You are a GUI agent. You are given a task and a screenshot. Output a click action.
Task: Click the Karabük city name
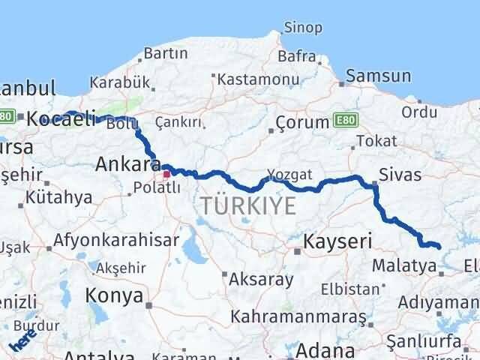point(114,82)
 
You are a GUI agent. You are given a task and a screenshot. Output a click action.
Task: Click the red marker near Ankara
point(166,174)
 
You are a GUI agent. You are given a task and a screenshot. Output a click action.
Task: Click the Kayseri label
point(337,241)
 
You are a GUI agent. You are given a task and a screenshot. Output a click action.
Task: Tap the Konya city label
point(114,295)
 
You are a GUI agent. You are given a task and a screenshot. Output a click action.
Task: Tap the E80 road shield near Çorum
point(347,119)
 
